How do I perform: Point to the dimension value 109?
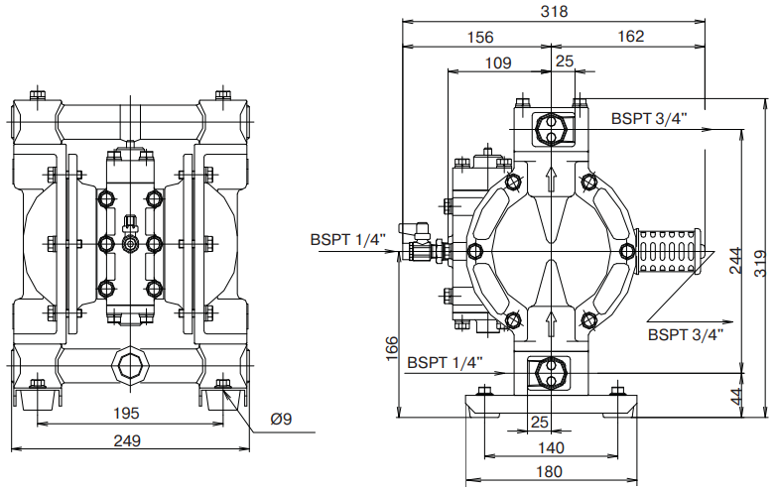tap(498, 63)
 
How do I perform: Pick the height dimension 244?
tap(735, 260)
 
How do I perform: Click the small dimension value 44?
tap(735, 395)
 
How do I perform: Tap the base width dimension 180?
tap(549, 471)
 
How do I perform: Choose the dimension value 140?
tap(549, 448)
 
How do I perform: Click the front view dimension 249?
tap(127, 441)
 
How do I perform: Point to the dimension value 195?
tap(127, 413)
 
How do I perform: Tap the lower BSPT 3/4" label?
tap(684, 334)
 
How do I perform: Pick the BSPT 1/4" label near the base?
tap(445, 362)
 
